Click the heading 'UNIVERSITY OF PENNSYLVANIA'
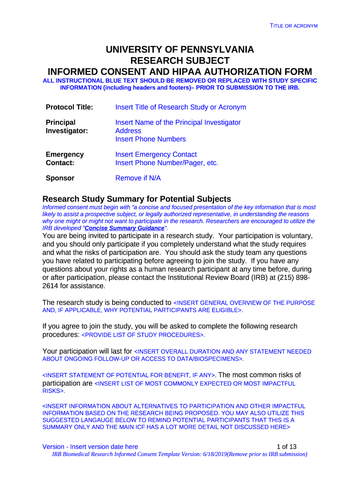(180, 50)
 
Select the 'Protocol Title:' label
(69, 108)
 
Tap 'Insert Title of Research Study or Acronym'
(180, 108)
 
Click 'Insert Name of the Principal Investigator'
(178, 123)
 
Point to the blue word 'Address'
(128, 131)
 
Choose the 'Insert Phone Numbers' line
(150, 139)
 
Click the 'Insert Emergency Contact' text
(156, 154)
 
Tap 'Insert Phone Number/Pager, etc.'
(166, 163)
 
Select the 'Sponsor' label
(60, 178)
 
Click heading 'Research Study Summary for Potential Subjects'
(137, 198)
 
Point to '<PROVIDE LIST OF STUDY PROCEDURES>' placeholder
(143, 335)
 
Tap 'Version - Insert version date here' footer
(90, 447)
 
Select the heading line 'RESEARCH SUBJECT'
(180, 61)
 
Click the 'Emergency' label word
(65, 154)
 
